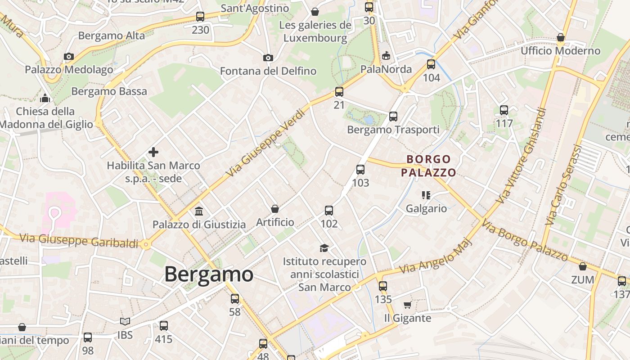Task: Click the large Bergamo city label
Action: click(x=209, y=274)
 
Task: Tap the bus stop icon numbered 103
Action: click(x=360, y=170)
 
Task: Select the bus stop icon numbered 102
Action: click(x=329, y=210)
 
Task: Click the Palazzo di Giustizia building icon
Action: click(x=199, y=211)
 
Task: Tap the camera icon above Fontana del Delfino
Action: click(x=268, y=58)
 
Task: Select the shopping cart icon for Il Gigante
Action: click(x=407, y=305)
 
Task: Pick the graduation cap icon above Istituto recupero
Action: click(x=324, y=248)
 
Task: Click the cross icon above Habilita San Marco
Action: click(x=153, y=152)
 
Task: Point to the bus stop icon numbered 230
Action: click(x=200, y=17)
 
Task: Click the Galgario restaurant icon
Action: click(x=426, y=195)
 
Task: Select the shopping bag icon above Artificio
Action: click(x=275, y=209)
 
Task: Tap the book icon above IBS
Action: click(x=125, y=321)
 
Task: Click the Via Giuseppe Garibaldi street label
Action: click(x=79, y=240)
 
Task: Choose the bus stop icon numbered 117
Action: click(x=504, y=110)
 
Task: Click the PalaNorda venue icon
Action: click(x=386, y=56)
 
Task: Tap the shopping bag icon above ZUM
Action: click(x=583, y=266)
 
